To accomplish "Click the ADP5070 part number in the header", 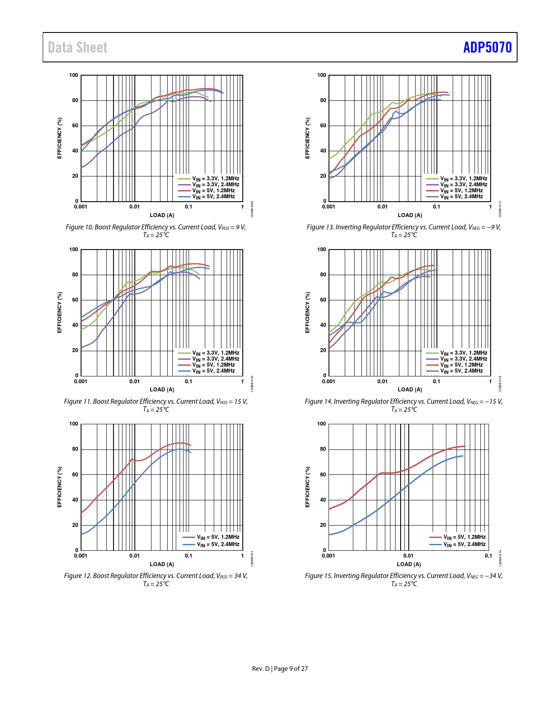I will coord(487,47).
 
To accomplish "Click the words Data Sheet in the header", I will coord(78,47).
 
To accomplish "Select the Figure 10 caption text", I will coord(156,231).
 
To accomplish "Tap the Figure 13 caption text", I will coord(404,231).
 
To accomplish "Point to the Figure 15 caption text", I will coord(404,579).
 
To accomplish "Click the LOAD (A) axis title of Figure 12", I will coord(162,564).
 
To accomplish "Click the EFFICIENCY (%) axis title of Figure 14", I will coord(307,312).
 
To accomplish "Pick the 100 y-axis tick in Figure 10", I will coord(74,75).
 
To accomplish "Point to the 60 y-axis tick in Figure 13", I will coord(323,126).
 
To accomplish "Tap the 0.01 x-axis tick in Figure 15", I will coord(408,556).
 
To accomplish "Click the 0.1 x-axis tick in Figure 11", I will coord(189,382).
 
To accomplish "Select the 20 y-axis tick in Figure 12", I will coord(75,525).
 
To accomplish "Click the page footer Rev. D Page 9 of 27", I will coord(280,668).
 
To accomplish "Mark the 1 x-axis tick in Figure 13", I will coord(490,207).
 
